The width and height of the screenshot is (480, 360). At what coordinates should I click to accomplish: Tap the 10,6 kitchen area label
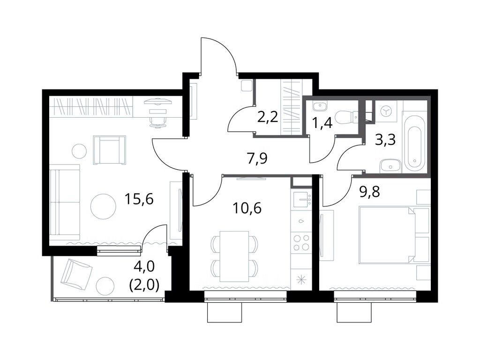[247, 207]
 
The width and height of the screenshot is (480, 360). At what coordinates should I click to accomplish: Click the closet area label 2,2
[268, 116]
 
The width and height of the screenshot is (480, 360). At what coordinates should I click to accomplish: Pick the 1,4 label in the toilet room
[322, 123]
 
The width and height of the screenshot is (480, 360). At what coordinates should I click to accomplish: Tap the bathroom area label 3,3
[385, 139]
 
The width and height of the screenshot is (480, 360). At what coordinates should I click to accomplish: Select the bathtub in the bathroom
[414, 142]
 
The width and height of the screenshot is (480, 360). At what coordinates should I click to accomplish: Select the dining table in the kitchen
[234, 256]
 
